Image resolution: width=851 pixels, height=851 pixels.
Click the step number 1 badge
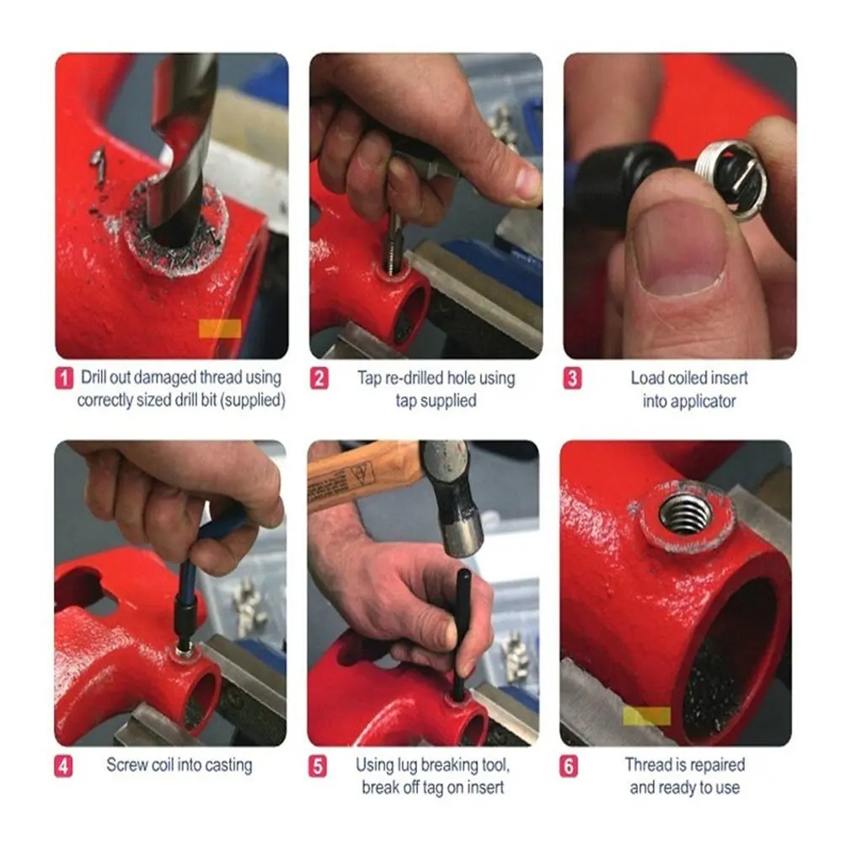tap(64, 378)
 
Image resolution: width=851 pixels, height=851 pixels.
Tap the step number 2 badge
tap(319, 378)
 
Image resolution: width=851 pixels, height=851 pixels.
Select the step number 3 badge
tap(572, 378)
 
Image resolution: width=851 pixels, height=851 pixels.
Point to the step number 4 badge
tap(63, 767)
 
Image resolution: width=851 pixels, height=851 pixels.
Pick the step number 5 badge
tap(318, 767)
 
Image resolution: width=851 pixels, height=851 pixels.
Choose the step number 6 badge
tap(569, 767)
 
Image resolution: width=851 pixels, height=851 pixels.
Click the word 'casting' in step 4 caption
tap(228, 766)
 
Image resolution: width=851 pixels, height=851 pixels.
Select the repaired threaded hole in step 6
tap(686, 515)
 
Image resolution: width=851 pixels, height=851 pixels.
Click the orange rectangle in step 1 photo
tap(220, 329)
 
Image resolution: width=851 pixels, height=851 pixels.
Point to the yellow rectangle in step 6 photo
tap(646, 716)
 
